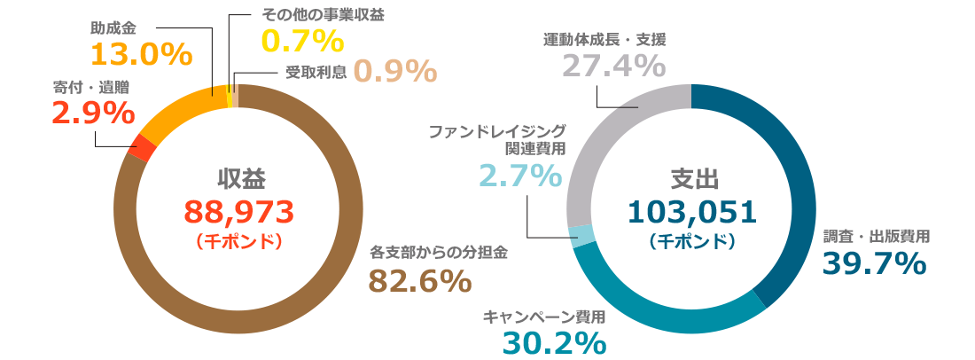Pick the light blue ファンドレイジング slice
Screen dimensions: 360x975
click(581, 234)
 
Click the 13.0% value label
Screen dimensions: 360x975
click(142, 55)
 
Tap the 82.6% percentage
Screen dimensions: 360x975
click(419, 281)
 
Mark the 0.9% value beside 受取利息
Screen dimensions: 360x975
click(395, 71)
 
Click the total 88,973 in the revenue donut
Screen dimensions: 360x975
click(238, 211)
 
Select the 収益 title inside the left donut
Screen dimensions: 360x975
click(240, 177)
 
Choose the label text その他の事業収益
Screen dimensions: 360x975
click(324, 15)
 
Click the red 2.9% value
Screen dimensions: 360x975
click(94, 113)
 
